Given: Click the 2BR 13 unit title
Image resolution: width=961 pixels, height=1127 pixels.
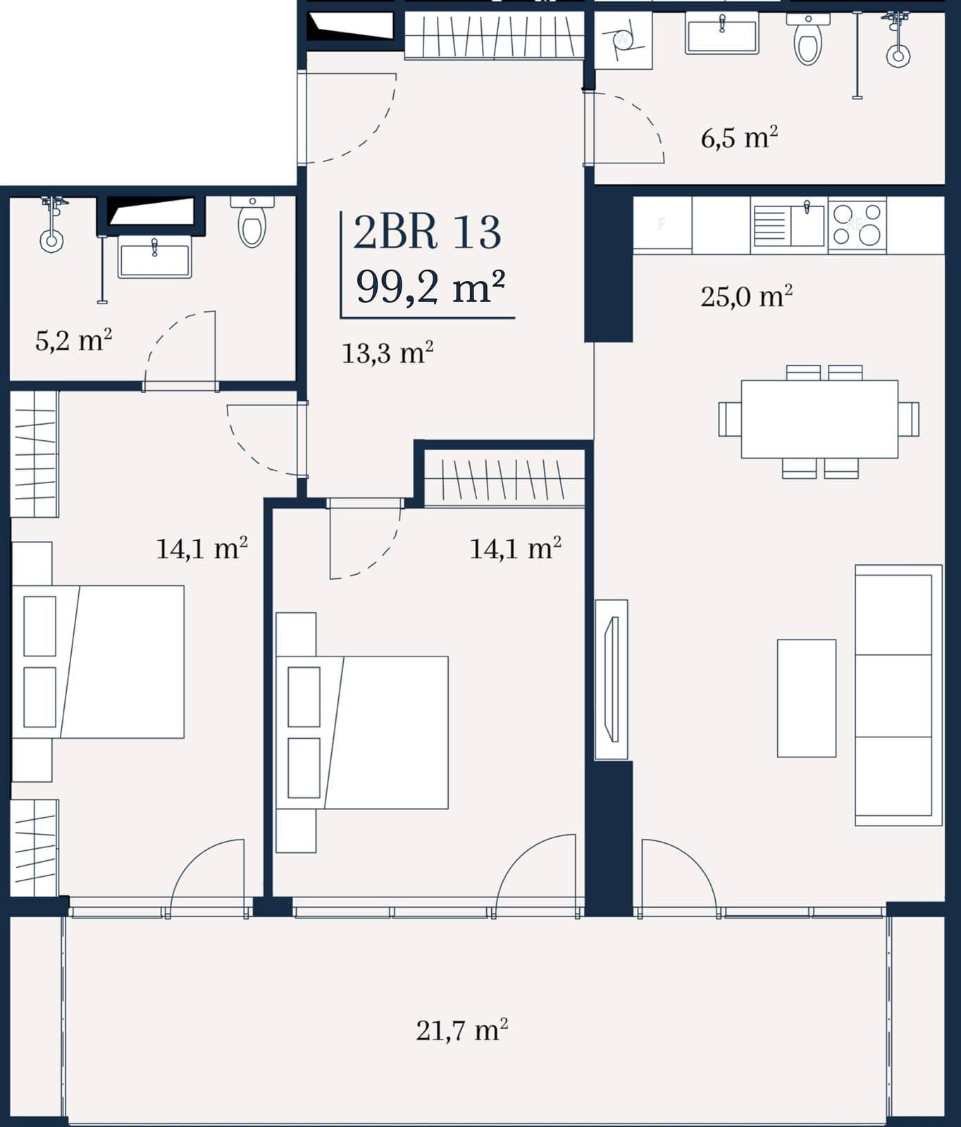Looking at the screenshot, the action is pos(427,232).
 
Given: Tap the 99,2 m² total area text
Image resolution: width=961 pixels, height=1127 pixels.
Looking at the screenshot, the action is pos(430,287).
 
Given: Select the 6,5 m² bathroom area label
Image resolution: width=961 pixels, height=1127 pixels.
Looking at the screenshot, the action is pos(739,137).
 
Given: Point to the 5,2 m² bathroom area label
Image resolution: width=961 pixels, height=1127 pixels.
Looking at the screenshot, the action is pos(74,341).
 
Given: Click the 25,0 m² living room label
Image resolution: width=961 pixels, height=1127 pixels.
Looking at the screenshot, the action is pos(747,297).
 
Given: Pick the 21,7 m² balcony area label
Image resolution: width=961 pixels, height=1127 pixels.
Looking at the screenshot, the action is pos(462,1031).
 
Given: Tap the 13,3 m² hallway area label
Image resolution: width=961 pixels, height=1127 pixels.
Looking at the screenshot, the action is pos(387,352).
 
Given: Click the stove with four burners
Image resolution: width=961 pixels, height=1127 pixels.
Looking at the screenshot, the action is pos(857,225).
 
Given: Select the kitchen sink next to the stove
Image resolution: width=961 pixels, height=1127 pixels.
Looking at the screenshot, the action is pos(789,225).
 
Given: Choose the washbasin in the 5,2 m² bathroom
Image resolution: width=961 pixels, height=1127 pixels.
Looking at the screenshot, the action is pos(155,256).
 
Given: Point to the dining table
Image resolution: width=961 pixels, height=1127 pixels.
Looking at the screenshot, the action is pos(819,419).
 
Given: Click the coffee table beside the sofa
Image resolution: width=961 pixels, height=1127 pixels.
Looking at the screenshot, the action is pos(807,698).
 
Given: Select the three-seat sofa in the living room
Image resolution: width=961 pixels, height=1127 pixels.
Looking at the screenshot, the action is pos(899,695).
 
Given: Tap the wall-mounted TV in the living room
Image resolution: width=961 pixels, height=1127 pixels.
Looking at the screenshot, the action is pos(612,680).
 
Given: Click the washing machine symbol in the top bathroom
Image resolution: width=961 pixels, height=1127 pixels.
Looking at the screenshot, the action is pos(624,41).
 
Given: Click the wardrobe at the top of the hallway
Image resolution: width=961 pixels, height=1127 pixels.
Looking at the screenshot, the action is pos(495,37).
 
